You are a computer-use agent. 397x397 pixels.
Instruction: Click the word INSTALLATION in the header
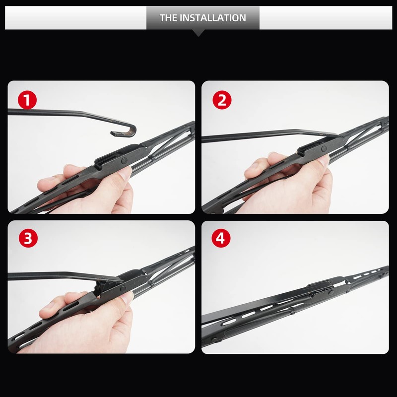tap(214, 18)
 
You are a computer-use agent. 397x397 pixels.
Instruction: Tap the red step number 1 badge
tap(28, 101)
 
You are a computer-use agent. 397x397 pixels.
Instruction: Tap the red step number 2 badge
tap(222, 101)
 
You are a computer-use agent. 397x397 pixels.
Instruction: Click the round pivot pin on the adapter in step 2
tap(323, 148)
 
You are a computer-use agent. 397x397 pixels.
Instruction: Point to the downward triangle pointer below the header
tap(198, 33)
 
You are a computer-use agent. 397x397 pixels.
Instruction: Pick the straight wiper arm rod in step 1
tap(60, 113)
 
